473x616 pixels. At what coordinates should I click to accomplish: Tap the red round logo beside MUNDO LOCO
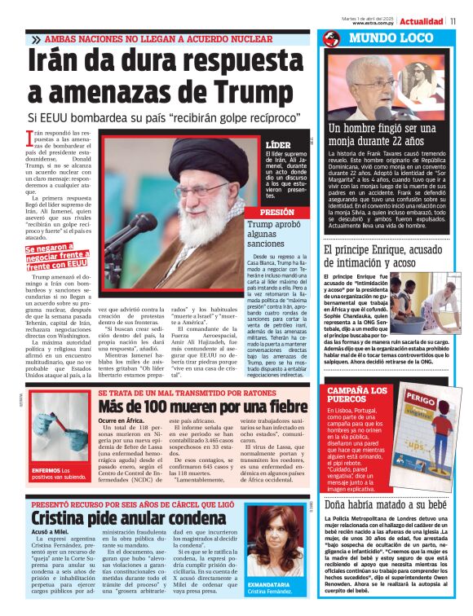[x=331, y=38]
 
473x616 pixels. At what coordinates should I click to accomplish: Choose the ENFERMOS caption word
[x=45, y=470]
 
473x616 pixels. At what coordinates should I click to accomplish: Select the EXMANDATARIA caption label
[x=272, y=585]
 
